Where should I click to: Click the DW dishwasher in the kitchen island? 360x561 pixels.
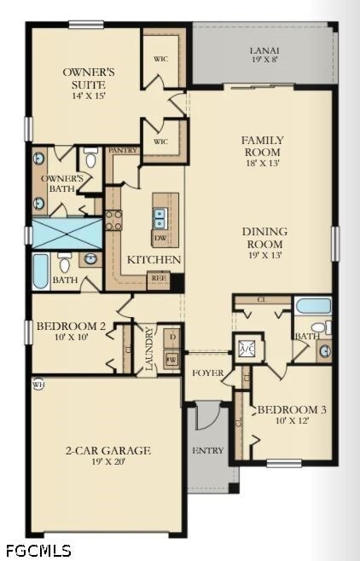(x=160, y=239)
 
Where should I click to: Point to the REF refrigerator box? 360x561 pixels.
(x=158, y=276)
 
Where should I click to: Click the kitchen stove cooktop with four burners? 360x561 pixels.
(x=113, y=220)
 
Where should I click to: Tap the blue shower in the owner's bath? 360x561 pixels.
(x=67, y=233)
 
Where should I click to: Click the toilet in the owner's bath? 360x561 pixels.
(x=90, y=159)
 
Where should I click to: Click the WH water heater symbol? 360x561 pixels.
(x=37, y=384)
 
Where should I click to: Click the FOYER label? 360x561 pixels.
(x=207, y=373)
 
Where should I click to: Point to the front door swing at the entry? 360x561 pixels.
(x=207, y=417)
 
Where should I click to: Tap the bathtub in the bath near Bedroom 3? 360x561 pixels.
(x=313, y=306)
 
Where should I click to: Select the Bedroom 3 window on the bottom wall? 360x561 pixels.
(x=283, y=463)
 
